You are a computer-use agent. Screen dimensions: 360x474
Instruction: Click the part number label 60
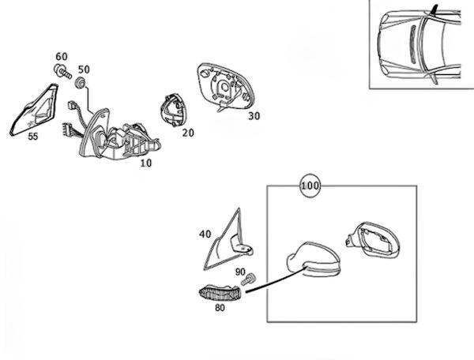[x=62, y=57]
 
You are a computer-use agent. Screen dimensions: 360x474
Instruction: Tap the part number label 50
[x=84, y=69]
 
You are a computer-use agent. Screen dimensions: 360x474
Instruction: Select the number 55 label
[x=32, y=137]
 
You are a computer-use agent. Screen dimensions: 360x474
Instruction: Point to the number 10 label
[x=145, y=163]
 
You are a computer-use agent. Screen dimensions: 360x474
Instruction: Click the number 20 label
[x=187, y=133]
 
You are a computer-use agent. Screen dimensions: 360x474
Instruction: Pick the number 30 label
[x=254, y=116]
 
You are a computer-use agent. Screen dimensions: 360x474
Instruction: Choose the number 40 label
[x=205, y=234]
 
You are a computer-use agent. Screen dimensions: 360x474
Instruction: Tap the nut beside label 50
[x=81, y=82]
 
